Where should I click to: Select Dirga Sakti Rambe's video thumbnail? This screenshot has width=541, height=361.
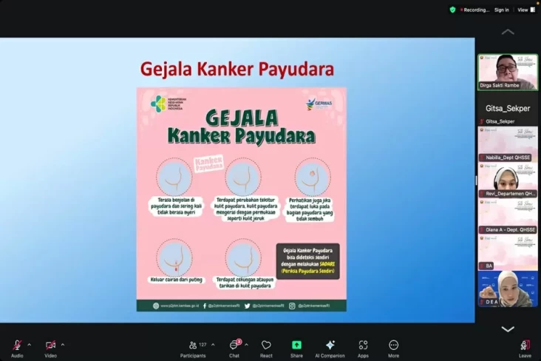pos(508,71)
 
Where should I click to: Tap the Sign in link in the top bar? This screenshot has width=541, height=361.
pos(501,10)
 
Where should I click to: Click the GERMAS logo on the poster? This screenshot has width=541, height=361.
pos(320,104)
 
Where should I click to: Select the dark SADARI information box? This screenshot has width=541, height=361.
pos(307,261)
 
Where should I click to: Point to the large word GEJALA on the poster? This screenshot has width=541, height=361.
pos(241,118)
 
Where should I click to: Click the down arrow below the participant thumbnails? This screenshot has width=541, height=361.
pos(508,328)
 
